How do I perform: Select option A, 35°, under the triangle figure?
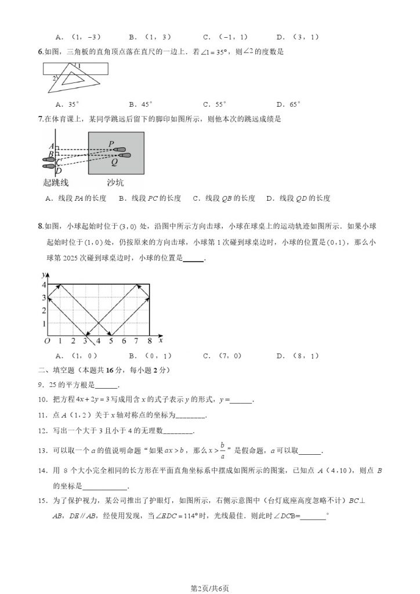tap(67, 104)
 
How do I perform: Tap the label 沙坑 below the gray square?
tap(115, 183)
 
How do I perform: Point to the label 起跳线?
tap(56, 183)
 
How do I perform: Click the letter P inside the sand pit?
tap(111, 143)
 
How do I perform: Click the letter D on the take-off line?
tap(51, 171)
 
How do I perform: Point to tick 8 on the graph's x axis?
tap(150, 341)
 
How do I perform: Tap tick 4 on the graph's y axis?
tap(42, 284)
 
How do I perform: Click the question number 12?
tap(41, 430)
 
